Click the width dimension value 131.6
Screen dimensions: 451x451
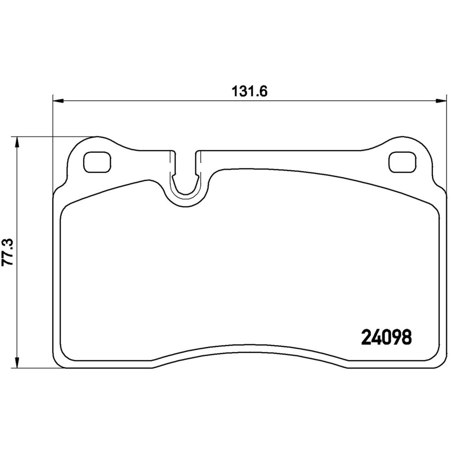(x=249, y=91)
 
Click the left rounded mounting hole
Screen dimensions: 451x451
(x=97, y=162)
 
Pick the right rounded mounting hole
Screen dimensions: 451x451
(x=403, y=162)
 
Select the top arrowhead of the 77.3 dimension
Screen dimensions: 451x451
(x=17, y=142)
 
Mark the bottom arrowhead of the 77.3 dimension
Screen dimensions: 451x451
(x=17, y=362)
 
